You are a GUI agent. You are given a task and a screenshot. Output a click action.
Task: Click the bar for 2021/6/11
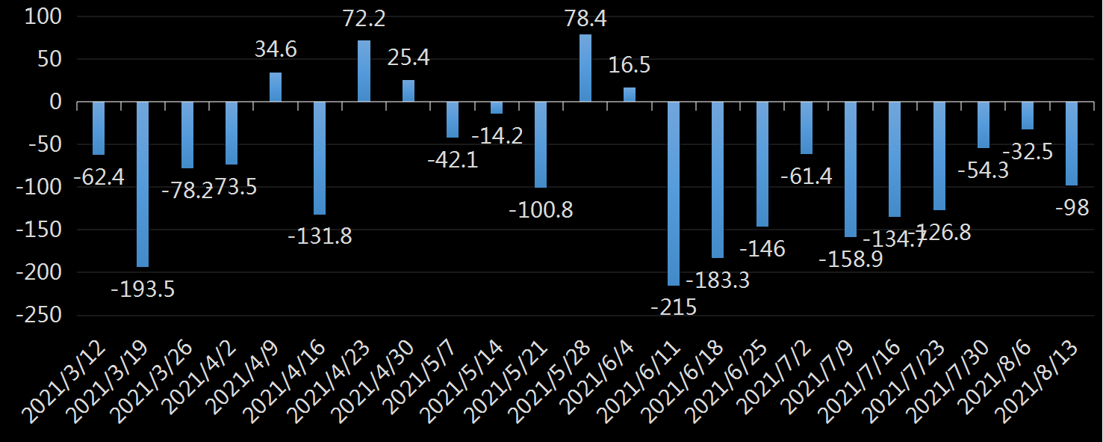[674, 193]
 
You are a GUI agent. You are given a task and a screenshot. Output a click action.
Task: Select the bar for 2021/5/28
[585, 68]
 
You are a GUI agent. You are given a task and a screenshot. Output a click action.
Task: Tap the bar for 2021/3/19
[143, 184]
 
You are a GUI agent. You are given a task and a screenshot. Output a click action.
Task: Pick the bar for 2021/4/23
[364, 71]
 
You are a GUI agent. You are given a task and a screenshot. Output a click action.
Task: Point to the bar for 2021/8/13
[1072, 144]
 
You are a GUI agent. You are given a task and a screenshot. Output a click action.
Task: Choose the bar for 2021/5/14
[497, 108]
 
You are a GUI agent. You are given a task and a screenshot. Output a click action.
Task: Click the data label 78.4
[585, 19]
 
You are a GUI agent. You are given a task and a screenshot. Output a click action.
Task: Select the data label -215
[674, 307]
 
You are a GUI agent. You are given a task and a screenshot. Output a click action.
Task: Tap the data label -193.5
[143, 289]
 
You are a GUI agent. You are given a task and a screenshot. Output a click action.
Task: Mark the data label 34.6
[276, 50]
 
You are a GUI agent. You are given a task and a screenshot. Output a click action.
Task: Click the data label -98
[1072, 208]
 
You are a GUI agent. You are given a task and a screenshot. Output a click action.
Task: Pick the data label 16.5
[630, 65]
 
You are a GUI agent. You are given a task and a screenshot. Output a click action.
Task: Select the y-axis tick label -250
[41, 315]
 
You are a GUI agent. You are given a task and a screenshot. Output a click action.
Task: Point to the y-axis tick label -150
[41, 230]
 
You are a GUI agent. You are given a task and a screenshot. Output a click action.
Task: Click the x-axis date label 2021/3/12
[67, 378]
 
